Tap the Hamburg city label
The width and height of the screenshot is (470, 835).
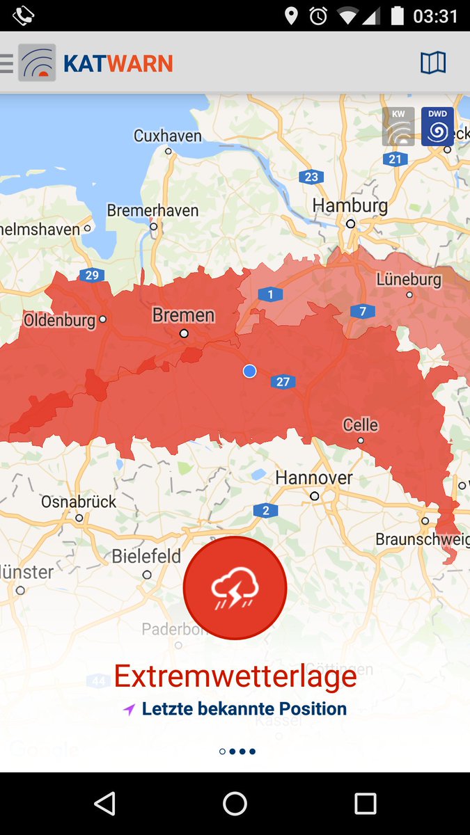point(350,205)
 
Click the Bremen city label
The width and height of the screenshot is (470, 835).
point(183,315)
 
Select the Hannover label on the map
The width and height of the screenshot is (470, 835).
point(314,477)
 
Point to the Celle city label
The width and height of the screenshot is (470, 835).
point(361,424)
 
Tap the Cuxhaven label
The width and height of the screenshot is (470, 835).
point(168,136)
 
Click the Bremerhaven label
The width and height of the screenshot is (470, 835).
point(152,210)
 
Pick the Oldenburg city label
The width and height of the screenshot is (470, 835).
point(59,320)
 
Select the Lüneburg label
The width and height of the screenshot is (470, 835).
point(409,279)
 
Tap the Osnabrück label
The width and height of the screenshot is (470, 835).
point(79,501)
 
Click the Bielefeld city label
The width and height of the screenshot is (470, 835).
point(146,556)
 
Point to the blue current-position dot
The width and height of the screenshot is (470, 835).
point(250,372)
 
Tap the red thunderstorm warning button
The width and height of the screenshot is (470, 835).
point(235,588)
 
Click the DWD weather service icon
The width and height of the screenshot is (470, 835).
point(437,127)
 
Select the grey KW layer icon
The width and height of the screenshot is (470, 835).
point(398,127)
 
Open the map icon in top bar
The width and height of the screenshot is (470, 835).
point(432,63)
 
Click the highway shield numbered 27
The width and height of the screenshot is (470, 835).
point(283,381)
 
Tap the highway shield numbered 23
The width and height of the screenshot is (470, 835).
point(311,177)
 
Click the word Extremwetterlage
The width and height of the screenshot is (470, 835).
point(235,676)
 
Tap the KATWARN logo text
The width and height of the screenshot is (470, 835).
point(118,64)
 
